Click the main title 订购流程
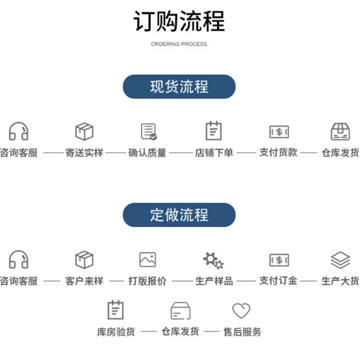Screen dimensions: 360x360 tap(179, 21)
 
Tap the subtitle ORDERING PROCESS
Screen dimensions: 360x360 tap(179, 44)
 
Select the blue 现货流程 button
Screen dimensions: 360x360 tap(179, 87)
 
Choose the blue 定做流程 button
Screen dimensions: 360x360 tap(179, 215)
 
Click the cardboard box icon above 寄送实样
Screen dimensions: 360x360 tap(84, 131)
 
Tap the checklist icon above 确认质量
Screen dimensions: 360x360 tap(149, 132)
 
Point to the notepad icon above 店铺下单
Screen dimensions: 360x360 tap(214, 131)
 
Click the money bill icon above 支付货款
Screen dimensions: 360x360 tap(279, 132)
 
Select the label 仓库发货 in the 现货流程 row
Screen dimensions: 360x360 tap(340, 153)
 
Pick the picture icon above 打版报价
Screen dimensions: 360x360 tap(148, 260)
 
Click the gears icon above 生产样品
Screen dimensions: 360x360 tap(213, 260)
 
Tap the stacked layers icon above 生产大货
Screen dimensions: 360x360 tap(340, 260)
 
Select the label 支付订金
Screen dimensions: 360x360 tap(278, 281)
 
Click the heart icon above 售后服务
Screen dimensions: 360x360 tap(241, 310)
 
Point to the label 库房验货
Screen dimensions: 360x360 tap(116, 332)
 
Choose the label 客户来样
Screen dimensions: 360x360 tap(84, 281)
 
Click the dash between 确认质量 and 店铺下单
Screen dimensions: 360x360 tap(181, 153)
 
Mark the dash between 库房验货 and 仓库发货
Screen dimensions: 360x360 tap(149, 331)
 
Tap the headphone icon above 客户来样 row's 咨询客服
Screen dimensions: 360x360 tap(19, 259)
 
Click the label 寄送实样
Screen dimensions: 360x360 tap(84, 153)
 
